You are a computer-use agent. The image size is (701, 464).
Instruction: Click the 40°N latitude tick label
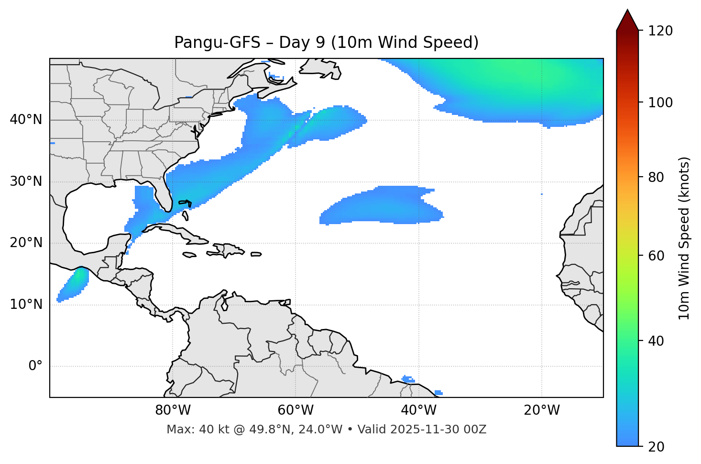coord(26,120)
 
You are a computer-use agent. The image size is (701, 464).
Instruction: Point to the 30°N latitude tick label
coord(26,181)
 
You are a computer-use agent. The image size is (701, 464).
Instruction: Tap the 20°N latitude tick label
coord(26,243)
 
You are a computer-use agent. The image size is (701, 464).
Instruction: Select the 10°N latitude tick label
coord(26,305)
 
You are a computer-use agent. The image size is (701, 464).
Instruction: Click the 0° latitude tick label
coord(35,366)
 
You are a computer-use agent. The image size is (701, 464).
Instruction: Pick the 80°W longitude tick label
coord(173,410)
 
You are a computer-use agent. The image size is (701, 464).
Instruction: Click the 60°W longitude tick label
coord(296,410)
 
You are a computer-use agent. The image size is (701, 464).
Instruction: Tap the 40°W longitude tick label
coord(418,410)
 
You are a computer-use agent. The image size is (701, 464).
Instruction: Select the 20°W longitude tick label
coord(541,410)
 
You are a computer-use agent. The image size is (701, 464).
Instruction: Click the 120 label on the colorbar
coord(660,31)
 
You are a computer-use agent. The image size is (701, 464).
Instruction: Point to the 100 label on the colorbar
coord(660,102)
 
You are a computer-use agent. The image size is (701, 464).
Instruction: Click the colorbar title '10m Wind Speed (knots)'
coord(684,238)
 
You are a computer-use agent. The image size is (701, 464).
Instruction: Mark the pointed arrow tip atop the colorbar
coord(627,11)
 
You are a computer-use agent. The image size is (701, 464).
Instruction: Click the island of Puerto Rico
coord(256,254)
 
